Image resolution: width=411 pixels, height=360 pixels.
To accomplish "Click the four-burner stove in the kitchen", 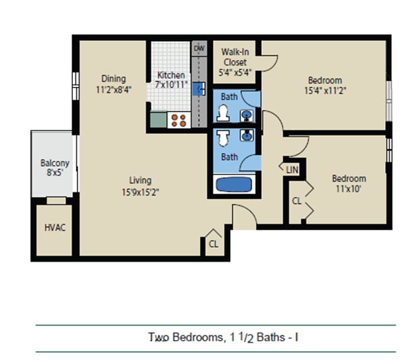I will tap(178, 120).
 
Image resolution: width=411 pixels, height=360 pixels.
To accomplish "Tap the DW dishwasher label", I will tap(199, 49).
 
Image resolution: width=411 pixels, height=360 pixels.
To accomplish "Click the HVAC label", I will tap(54, 227).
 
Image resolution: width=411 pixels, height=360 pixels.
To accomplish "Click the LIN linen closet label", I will tap(292, 170).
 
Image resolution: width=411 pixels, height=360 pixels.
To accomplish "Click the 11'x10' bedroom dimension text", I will tap(349, 189).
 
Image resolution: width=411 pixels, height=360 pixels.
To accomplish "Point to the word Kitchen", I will tap(171, 76).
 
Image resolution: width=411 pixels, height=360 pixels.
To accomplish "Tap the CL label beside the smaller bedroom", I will tap(297, 201).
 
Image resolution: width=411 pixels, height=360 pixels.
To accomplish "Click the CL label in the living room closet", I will tap(213, 244).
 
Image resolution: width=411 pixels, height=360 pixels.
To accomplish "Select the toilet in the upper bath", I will tap(223, 114).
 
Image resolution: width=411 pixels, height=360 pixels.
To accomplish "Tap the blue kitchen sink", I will tap(198, 90).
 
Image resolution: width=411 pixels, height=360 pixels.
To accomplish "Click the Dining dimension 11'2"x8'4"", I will tap(113, 90).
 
